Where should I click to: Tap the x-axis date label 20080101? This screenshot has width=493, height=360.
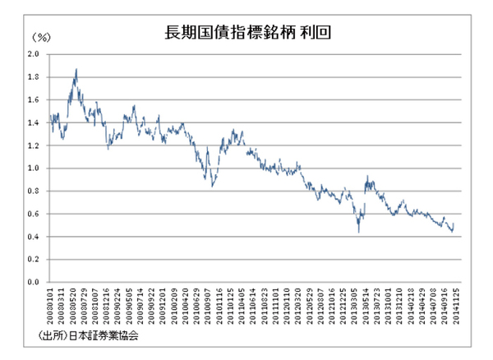pyautogui.click(x=51, y=307)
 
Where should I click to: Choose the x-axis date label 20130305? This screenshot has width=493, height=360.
pyautogui.click(x=353, y=307)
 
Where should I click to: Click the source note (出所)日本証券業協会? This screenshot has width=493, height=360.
pyautogui.click(x=87, y=336)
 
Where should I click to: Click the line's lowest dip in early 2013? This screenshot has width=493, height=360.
pyautogui.click(x=358, y=232)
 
